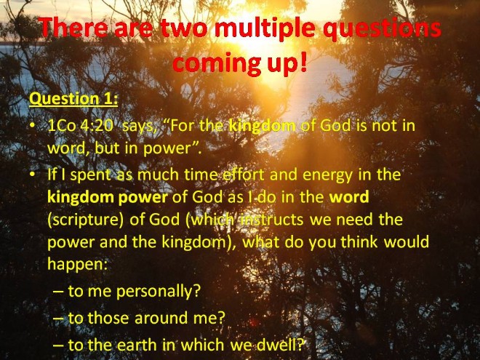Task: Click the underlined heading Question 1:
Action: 73,99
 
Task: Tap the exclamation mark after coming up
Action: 303,60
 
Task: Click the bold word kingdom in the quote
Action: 263,126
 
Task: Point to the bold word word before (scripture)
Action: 349,197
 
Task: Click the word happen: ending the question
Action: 77,265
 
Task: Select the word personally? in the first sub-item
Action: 159,291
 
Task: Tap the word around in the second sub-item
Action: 161,318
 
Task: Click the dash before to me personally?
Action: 58,292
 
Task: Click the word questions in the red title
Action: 382,29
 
